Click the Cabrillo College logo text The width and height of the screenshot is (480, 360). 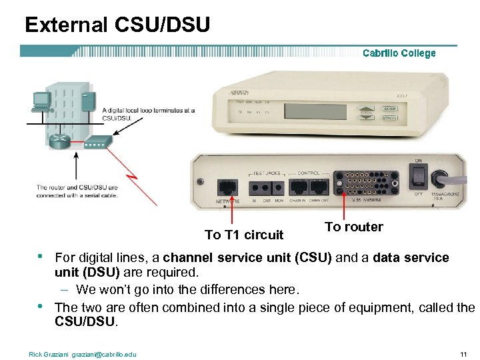coord(399,53)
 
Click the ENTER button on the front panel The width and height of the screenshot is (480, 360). coord(389,109)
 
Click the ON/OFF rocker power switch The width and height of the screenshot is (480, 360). coord(418,175)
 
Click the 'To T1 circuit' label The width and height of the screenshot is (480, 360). coord(244,235)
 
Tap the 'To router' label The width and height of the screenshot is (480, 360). coord(353,227)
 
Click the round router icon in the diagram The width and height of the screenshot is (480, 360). coord(59,141)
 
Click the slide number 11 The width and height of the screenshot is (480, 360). coord(463,353)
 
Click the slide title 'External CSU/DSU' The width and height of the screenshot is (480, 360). coord(117,25)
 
